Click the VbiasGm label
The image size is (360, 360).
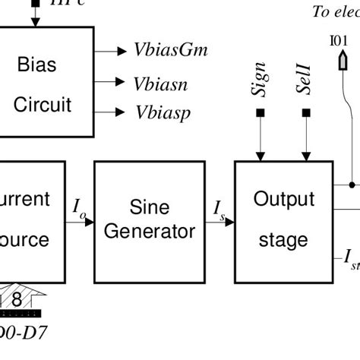click(x=170, y=51)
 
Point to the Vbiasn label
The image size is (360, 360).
click(x=160, y=83)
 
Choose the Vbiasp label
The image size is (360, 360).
click(x=163, y=113)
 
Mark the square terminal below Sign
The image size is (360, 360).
click(x=260, y=113)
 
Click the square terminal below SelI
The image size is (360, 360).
click(x=306, y=113)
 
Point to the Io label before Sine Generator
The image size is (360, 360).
click(x=79, y=207)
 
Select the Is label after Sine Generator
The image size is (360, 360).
click(x=219, y=207)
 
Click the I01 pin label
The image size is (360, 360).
click(x=339, y=40)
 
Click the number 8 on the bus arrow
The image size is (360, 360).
click(x=16, y=299)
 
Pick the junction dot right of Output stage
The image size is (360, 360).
click(x=352, y=185)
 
